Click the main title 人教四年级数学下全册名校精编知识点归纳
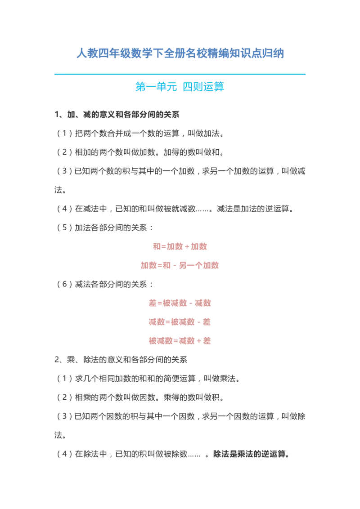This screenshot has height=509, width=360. click(180, 53)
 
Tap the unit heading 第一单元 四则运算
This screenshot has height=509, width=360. click(180, 87)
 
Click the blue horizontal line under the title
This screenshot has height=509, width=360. click(180, 74)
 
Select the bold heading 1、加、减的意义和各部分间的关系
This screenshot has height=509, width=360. click(117, 115)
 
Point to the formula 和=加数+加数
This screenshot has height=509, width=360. click(180, 247)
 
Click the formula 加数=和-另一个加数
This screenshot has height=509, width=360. click(180, 266)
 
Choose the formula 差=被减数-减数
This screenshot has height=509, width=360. click(180, 303)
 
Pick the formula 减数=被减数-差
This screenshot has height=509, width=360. click(180, 322)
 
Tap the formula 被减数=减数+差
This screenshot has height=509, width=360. click(180, 341)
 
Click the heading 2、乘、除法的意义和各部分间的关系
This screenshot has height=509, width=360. click(121, 360)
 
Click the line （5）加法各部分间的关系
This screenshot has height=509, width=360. click(104, 228)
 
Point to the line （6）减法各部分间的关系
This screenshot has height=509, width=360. click(104, 284)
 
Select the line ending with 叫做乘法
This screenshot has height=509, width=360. click(148, 379)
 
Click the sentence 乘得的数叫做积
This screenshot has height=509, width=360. click(194, 397)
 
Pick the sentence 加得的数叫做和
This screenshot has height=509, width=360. click(194, 152)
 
